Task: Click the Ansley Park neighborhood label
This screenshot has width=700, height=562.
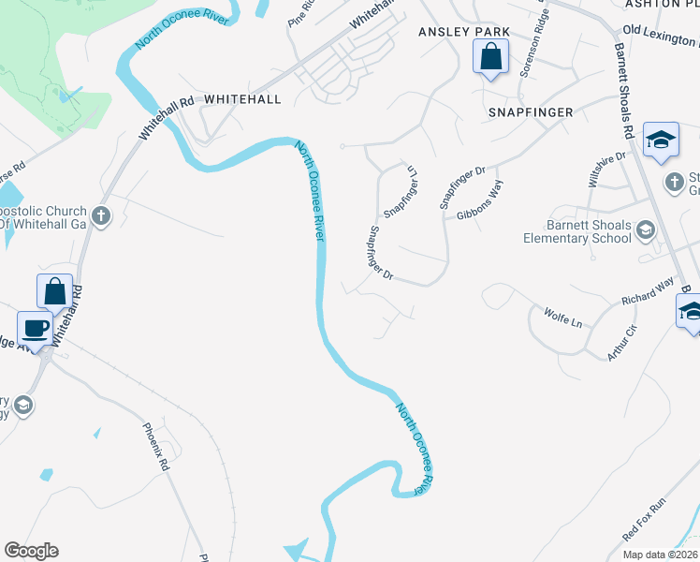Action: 463,32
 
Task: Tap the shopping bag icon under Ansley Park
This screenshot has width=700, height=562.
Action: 491,58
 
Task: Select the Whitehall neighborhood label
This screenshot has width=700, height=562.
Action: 241,98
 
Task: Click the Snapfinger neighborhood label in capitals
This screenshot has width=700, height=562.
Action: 530,111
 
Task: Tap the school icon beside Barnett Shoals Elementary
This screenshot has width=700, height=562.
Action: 645,229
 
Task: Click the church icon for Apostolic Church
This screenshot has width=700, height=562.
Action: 101,217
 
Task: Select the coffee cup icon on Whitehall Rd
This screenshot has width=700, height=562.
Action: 36,329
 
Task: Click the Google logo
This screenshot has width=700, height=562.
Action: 31,551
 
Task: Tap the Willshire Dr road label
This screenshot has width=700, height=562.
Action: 605,170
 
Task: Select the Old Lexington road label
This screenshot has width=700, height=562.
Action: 661,37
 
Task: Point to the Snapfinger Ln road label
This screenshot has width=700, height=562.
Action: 399,191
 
